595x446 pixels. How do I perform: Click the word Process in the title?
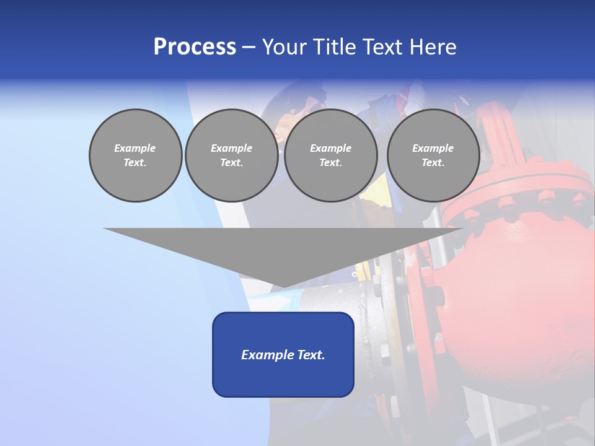point(195,47)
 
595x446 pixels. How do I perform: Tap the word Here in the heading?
point(432,47)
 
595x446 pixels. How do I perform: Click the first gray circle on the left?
point(135,155)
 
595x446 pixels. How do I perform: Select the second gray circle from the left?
point(231,155)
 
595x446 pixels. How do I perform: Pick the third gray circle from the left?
point(330,155)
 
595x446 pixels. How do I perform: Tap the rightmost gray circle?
point(433,155)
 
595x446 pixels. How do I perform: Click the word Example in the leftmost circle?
point(135,148)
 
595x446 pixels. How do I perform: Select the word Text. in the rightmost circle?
point(433,163)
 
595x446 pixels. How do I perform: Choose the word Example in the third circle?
point(330,148)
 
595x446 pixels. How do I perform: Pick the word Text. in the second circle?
point(231,163)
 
